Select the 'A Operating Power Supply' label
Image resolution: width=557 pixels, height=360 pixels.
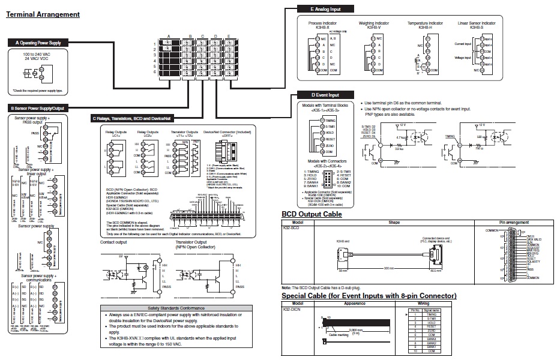[x=37, y=43]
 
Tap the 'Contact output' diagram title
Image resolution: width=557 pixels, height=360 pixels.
[x=113, y=242]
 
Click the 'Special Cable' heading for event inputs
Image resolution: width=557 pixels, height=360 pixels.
[x=369, y=296]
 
